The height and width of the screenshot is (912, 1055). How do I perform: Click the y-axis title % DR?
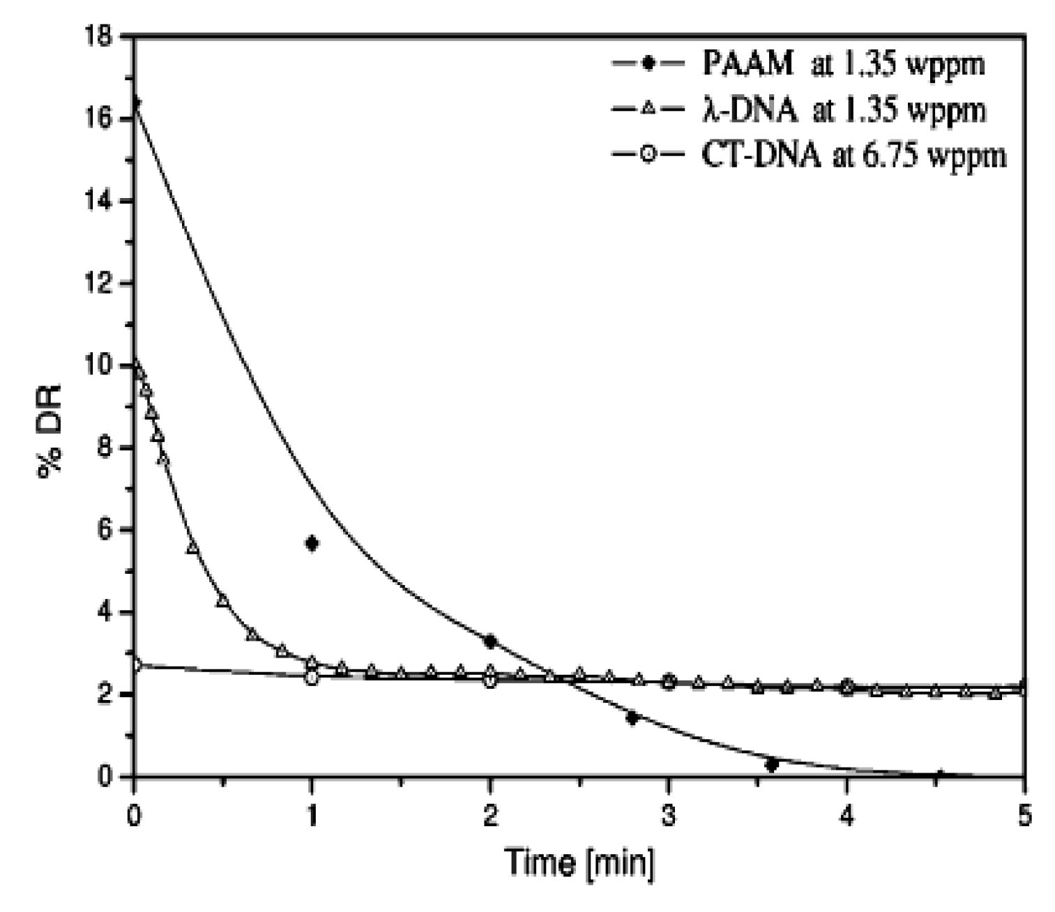coord(50,430)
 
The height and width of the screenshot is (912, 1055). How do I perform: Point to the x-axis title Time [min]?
coord(579,862)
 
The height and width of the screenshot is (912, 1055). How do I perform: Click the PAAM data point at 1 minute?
coord(312,543)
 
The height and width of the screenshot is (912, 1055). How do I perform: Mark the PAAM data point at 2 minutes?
coord(490,641)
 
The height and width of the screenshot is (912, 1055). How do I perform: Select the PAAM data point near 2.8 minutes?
coord(632,717)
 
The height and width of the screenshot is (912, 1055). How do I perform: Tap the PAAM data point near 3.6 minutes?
coord(771,765)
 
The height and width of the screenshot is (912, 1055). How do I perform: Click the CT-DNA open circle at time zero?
coord(136,664)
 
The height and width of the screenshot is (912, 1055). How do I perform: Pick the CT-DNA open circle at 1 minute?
coord(312,677)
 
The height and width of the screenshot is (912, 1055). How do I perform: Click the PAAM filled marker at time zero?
coord(135,103)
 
